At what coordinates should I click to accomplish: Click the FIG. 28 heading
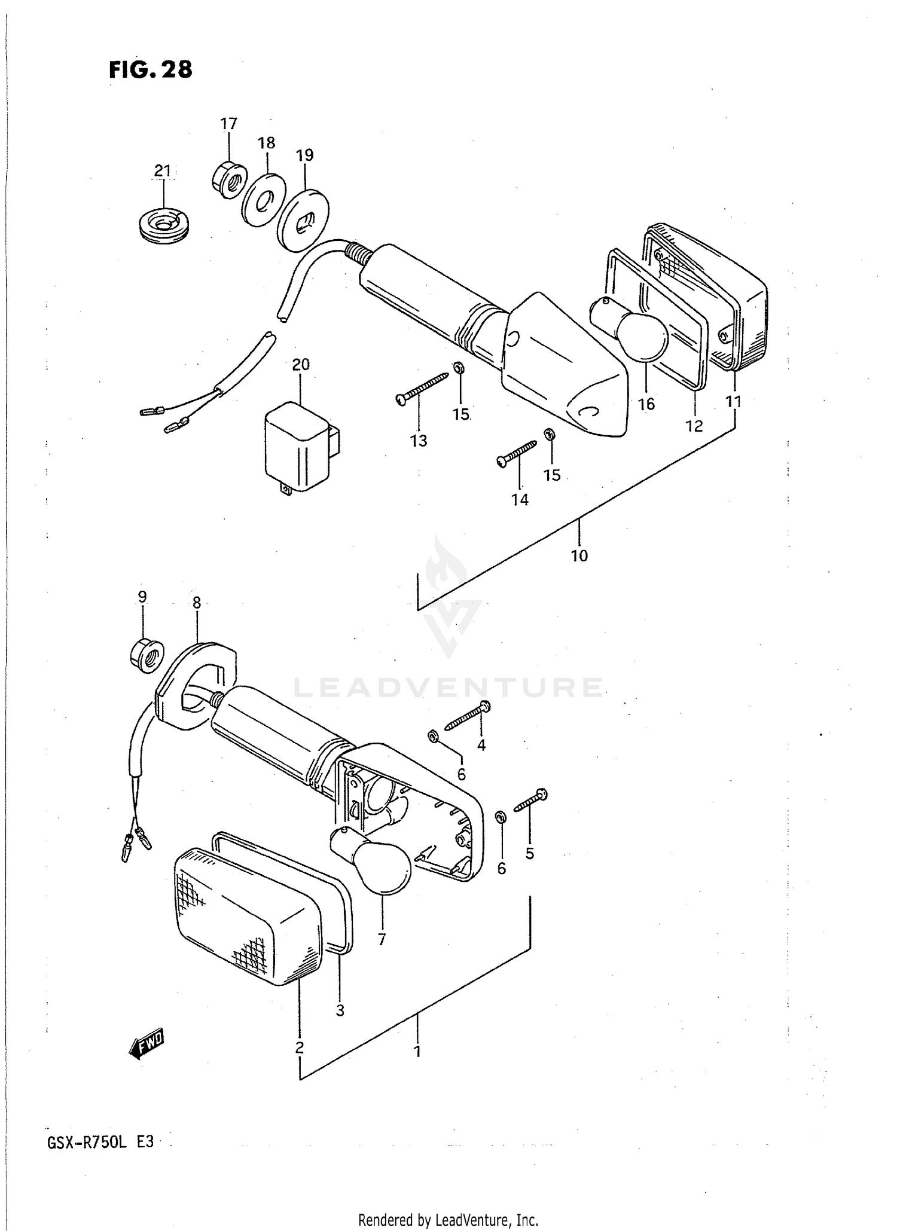[151, 70]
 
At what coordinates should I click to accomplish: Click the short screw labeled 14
[516, 453]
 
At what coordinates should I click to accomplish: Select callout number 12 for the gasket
[694, 426]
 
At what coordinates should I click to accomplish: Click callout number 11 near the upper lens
[734, 402]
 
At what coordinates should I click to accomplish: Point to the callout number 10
[579, 555]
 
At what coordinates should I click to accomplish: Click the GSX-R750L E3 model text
[100, 1142]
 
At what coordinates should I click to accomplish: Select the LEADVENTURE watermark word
[448, 688]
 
